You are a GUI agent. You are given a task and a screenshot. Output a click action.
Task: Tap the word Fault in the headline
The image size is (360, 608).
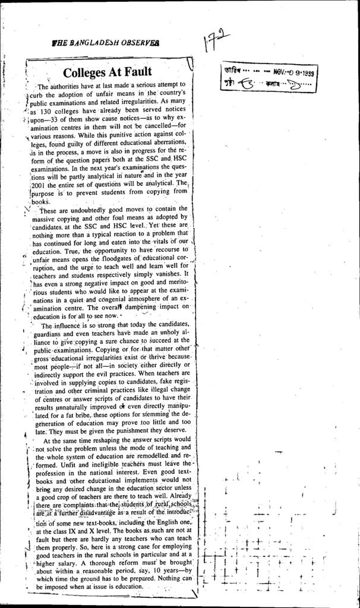point(138,72)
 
